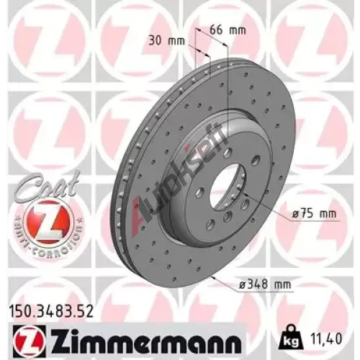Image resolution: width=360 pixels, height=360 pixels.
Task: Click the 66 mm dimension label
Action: pos(228,31)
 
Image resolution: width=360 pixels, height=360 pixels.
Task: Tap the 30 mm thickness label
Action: pos(167,41)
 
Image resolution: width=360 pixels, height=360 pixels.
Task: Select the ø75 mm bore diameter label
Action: pos(314,213)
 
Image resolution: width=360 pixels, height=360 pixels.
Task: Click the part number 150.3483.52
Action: pos(50,312)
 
